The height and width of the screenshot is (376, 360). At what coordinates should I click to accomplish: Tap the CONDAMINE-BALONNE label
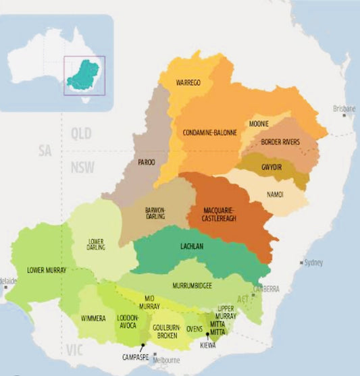210,133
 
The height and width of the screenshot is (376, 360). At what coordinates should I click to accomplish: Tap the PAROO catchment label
146,162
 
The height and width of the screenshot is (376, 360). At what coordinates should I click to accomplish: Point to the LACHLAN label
194,247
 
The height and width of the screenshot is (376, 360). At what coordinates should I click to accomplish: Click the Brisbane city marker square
344,115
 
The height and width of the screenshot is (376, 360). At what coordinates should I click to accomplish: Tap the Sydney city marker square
302,262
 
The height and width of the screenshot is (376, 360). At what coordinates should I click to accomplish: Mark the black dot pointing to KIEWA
208,333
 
